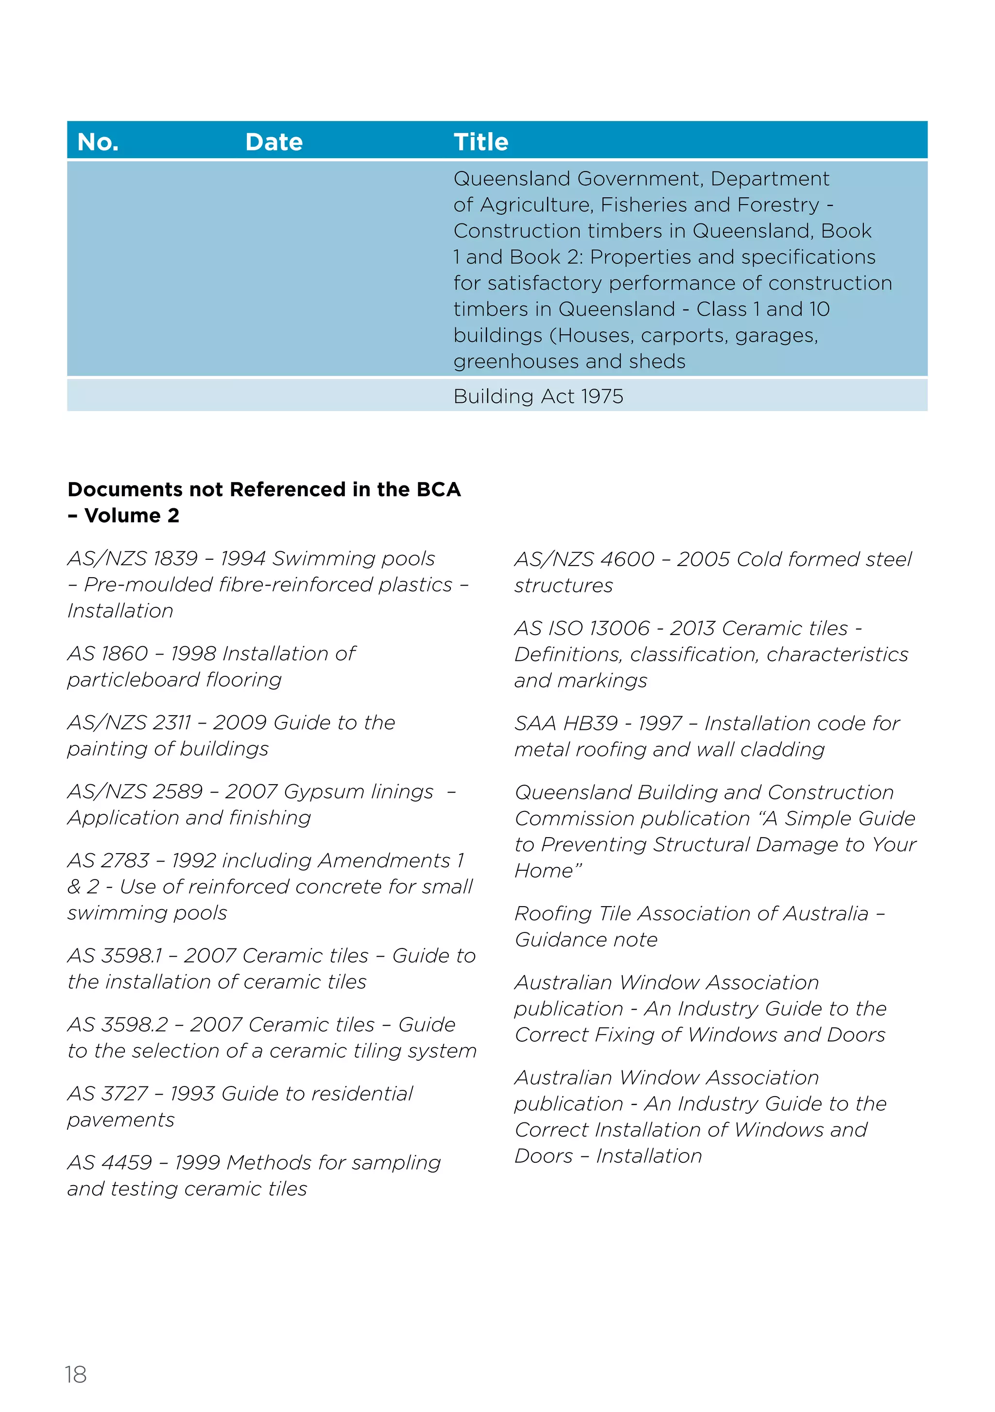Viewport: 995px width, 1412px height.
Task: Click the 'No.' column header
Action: click(x=98, y=142)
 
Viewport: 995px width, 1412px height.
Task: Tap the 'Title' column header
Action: click(x=481, y=142)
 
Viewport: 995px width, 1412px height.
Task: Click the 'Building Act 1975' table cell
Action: click(x=538, y=396)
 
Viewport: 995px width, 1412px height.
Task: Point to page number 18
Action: click(x=76, y=1375)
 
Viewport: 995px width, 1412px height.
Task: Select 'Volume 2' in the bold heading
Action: click(x=132, y=516)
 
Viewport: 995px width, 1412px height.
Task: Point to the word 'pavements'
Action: click(x=121, y=1120)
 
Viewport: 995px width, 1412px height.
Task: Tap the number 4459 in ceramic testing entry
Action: click(x=127, y=1162)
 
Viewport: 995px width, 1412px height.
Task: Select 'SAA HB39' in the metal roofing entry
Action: click(x=566, y=723)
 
